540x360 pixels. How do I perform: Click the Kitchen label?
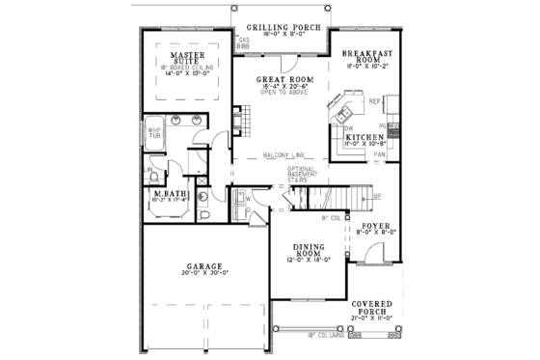point(366,137)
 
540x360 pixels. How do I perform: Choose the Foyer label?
point(374,225)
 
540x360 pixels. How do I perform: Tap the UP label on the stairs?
point(377,196)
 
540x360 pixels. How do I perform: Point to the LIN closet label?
point(149,171)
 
